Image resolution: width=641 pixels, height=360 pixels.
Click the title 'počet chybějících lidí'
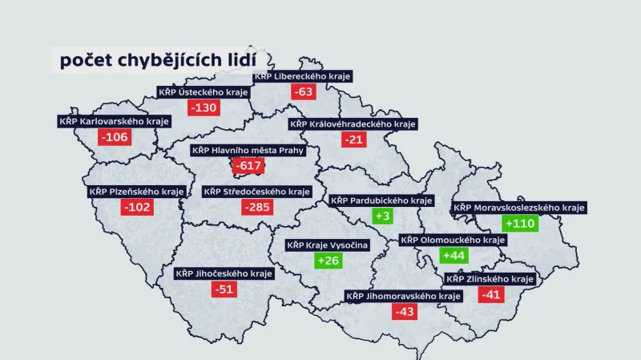coord(159,60)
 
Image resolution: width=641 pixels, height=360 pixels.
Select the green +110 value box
coord(519,224)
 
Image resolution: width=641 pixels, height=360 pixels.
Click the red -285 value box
coord(257,208)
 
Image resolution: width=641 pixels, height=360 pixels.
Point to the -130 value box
coord(203,107)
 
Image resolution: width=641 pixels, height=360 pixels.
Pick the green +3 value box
coord(382,216)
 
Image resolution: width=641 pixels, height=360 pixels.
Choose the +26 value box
coord(329,260)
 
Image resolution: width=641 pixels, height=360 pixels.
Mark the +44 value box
coord(454,255)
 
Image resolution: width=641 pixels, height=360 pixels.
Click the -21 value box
coord(353,140)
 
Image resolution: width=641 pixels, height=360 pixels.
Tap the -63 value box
coord(303,91)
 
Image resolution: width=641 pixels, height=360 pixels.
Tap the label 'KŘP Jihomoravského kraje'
coord(404,296)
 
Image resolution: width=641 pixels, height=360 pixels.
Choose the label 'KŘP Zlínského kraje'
coord(490,278)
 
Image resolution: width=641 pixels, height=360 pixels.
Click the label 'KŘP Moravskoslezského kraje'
coord(519,208)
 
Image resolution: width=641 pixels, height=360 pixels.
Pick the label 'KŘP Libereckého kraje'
coord(303,76)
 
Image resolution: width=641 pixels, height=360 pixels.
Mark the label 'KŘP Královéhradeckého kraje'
coord(353,124)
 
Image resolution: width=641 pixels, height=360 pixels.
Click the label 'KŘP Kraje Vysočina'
coord(328,245)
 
